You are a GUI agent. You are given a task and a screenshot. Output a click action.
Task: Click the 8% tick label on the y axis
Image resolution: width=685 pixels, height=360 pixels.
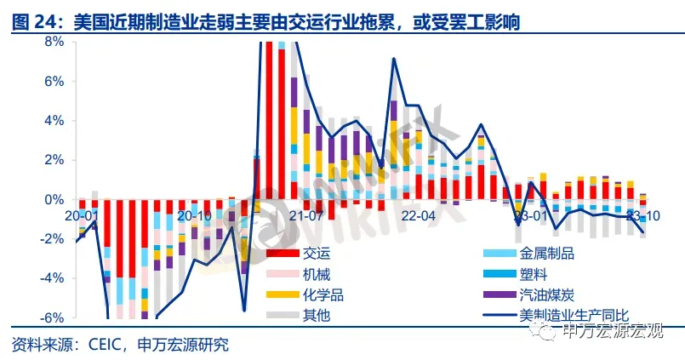(x=54, y=42)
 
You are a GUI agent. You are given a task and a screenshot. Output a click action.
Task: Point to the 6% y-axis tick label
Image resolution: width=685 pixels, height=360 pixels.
(x=54, y=82)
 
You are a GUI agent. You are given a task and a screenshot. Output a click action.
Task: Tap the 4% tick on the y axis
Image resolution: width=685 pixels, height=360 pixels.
(x=54, y=121)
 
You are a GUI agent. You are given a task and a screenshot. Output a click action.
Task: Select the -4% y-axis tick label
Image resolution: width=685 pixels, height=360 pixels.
(x=51, y=278)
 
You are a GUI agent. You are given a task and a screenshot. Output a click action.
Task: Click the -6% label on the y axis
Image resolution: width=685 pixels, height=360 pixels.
(x=51, y=317)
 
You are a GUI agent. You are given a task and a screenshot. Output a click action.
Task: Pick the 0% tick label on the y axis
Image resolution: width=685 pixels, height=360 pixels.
(x=54, y=200)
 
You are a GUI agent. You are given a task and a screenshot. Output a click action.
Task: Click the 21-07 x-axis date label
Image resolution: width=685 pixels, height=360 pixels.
(x=307, y=215)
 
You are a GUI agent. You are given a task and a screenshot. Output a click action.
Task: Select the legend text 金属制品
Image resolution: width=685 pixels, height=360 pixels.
(x=546, y=254)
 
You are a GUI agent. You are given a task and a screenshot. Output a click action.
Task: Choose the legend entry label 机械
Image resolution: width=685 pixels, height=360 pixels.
(x=317, y=274)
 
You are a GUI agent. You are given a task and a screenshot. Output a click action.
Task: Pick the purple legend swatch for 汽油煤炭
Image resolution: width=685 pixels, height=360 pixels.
(x=494, y=294)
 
